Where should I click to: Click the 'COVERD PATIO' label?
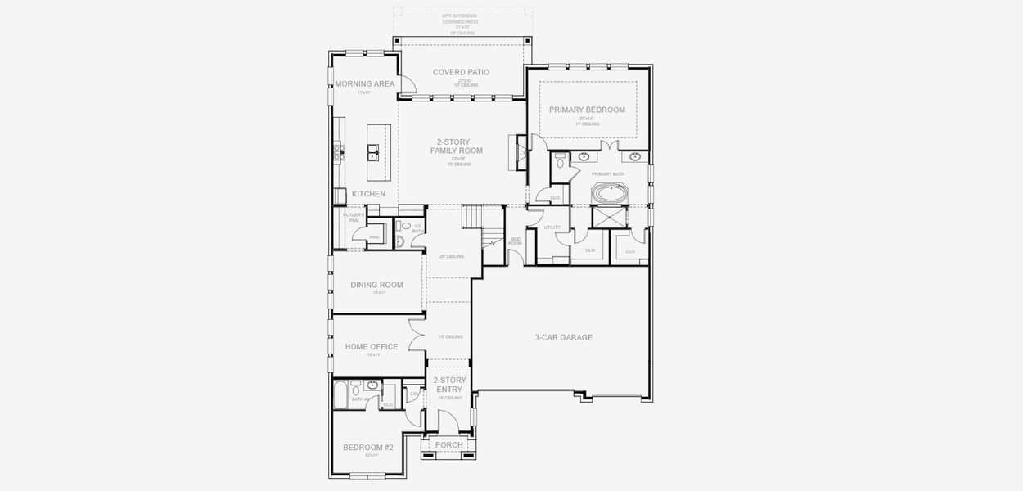click(x=461, y=72)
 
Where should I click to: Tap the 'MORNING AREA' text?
click(x=365, y=83)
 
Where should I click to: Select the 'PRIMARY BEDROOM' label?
click(x=587, y=110)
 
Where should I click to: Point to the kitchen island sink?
click(x=372, y=151)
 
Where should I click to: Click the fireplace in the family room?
click(x=516, y=152)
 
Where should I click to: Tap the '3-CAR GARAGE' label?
click(x=563, y=337)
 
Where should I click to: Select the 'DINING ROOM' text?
click(x=376, y=285)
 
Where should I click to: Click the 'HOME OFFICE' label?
click(x=372, y=346)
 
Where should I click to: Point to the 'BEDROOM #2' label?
click(x=368, y=447)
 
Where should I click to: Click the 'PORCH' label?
click(x=448, y=444)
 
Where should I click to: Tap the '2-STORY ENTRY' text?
click(x=449, y=385)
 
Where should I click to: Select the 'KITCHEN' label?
click(x=368, y=194)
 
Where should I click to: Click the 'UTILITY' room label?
click(x=552, y=227)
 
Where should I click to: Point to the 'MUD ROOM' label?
click(x=516, y=241)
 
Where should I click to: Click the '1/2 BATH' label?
click(x=417, y=228)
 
